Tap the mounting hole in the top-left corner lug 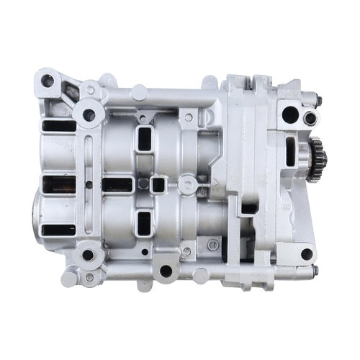point(48,81)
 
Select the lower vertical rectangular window point(145,223)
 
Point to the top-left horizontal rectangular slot point(58,126)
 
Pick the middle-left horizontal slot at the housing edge point(57,184)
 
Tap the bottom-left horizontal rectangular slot point(58,230)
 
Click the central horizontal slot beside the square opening point(117,184)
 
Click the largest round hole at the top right point(289,114)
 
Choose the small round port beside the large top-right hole point(310,118)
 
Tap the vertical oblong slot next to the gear point(290,150)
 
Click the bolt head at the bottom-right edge point(315,271)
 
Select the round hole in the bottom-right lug point(307,253)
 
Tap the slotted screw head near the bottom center point(186,252)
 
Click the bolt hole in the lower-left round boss point(88,254)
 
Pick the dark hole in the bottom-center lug point(166,271)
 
